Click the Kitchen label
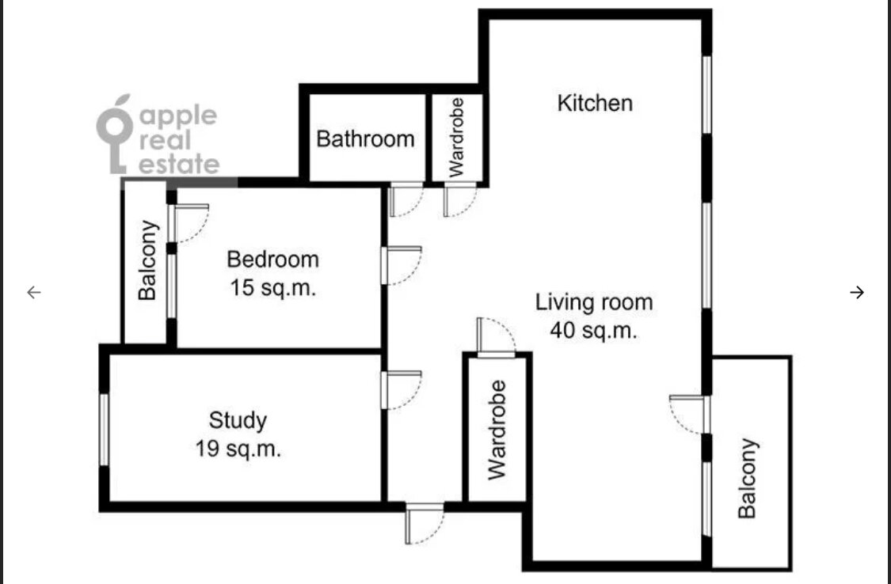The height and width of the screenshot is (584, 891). coord(594,104)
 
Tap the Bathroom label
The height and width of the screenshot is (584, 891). coord(365,139)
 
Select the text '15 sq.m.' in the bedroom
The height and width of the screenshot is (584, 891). coord(272,288)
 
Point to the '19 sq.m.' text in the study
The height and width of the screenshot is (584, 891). coord(238,449)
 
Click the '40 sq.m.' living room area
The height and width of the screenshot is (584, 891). coord(594,330)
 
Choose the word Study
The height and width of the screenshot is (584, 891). coord(238,420)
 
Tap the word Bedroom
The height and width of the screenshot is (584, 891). coord(272,260)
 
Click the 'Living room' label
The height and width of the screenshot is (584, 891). coord(594,302)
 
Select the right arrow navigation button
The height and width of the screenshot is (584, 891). coord(857,292)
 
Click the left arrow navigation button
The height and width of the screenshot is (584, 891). coord(34,292)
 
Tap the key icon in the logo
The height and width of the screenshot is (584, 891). coord(116,134)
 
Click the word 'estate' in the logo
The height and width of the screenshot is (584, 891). coord(179,165)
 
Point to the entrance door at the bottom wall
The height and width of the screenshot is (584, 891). coord(424,524)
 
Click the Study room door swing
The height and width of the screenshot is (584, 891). coord(402,390)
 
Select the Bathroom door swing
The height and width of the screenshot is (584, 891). coord(406,199)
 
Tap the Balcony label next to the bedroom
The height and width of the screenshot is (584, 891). coord(147,260)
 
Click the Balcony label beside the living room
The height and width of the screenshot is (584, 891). coord(747,478)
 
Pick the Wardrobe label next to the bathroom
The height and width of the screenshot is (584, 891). coord(456,138)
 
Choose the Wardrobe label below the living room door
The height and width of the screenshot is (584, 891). coord(497,430)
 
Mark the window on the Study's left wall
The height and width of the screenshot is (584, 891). coord(104,430)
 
